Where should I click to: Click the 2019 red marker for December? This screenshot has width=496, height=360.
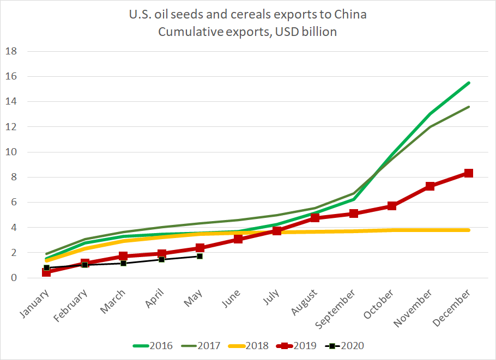[x=468, y=173]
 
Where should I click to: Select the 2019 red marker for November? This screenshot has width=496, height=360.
[x=430, y=186]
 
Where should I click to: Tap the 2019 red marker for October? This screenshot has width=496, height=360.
[x=392, y=206]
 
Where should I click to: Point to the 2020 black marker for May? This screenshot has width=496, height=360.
[x=200, y=256]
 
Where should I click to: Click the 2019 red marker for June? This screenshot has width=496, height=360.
[x=238, y=239]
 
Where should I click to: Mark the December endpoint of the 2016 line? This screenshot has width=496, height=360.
[x=469, y=83]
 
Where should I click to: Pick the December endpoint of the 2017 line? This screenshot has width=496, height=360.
[x=469, y=107]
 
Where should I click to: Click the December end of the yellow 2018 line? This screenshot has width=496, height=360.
[x=469, y=230]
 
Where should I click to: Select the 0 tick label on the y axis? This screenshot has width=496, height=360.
[x=15, y=278]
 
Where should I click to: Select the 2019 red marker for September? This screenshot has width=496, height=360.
[x=353, y=213]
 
